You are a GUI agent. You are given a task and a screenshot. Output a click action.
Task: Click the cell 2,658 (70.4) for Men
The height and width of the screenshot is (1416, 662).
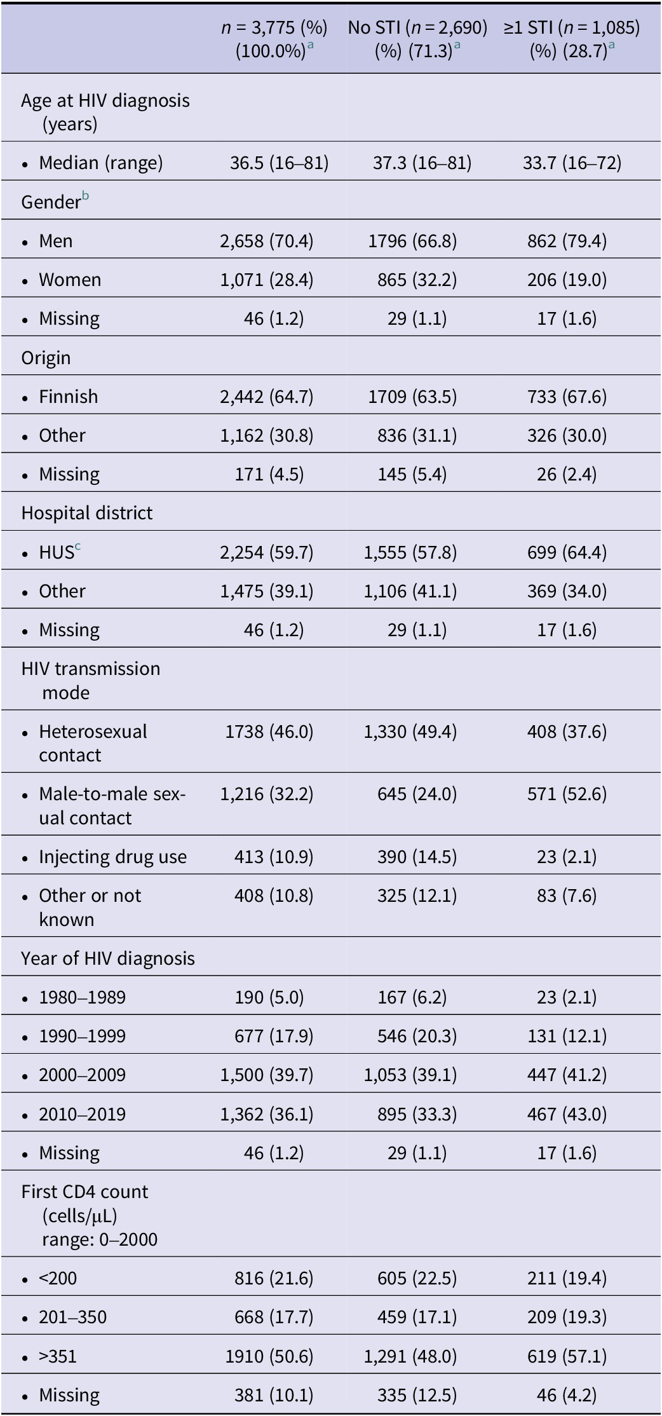[x=267, y=241]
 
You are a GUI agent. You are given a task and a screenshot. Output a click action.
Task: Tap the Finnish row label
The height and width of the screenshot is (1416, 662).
[x=69, y=397]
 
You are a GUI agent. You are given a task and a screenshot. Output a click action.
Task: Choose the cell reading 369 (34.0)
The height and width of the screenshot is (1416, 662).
[x=567, y=591]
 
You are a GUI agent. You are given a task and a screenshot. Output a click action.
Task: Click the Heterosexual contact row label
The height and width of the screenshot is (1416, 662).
[x=93, y=743]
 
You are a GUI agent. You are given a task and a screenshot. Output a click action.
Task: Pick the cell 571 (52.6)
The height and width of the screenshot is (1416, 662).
[x=567, y=794]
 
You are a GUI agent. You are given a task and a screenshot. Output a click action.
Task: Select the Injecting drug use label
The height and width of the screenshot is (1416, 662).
[x=112, y=857]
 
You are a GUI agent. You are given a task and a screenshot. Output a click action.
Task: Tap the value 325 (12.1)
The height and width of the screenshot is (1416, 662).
[x=417, y=895]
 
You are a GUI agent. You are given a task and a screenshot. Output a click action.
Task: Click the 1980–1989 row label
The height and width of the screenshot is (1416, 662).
[x=82, y=997]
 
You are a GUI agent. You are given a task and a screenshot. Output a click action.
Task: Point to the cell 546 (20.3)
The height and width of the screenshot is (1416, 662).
[x=417, y=1036]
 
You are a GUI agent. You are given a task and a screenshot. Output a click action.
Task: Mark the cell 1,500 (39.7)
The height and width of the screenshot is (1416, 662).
[x=267, y=1075]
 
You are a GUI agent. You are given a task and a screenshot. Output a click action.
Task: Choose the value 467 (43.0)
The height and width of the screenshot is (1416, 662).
[x=567, y=1114]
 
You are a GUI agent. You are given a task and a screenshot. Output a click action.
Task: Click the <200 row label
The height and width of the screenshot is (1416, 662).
[x=58, y=1278]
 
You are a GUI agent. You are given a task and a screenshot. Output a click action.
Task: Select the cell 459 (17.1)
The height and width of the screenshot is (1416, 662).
[x=417, y=1317]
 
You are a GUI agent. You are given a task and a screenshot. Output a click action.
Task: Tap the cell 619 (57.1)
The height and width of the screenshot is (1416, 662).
[x=567, y=1356]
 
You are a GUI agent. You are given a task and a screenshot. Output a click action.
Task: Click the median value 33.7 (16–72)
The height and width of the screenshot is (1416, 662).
[x=572, y=163]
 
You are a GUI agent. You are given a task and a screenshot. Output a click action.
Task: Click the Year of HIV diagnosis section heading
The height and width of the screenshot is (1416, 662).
[x=108, y=958]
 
